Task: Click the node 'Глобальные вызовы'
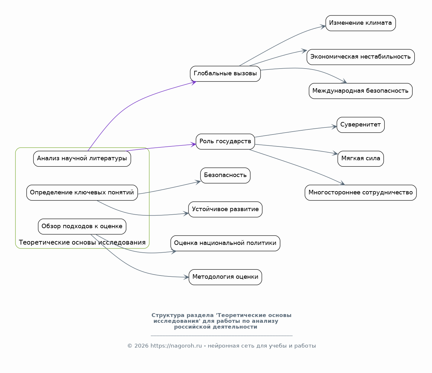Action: point(225,74)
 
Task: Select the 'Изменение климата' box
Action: point(361,23)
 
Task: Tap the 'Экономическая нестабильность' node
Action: point(361,57)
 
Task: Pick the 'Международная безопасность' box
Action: point(361,91)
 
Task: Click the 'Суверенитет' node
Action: point(361,125)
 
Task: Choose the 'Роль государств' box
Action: point(225,142)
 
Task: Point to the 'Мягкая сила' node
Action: point(361,159)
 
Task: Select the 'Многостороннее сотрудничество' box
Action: point(361,192)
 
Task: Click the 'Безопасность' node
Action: point(225,175)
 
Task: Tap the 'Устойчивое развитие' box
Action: point(225,209)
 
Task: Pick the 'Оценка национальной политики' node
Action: point(225,243)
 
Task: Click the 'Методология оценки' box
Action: point(225,277)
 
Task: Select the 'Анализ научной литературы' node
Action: point(82,159)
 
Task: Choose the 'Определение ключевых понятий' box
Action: point(82,192)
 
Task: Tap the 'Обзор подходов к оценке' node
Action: point(82,227)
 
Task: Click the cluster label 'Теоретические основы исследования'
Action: point(82,242)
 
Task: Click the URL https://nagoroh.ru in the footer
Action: point(176,346)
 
